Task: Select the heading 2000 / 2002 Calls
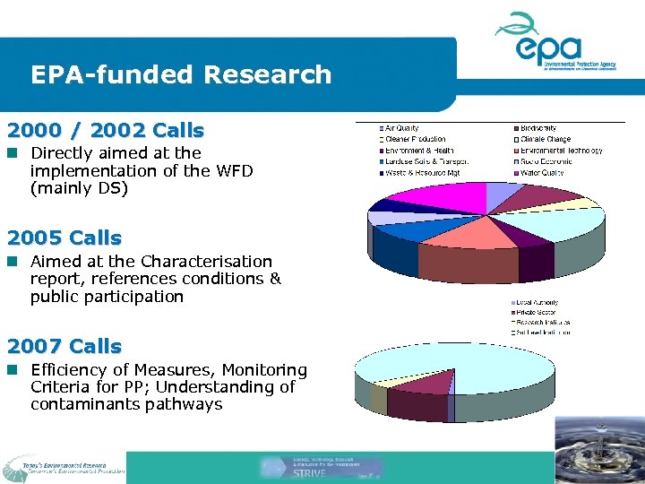[x=105, y=130]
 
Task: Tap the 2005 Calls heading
[x=64, y=238]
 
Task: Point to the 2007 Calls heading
[x=64, y=346]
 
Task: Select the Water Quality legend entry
[x=541, y=172]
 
